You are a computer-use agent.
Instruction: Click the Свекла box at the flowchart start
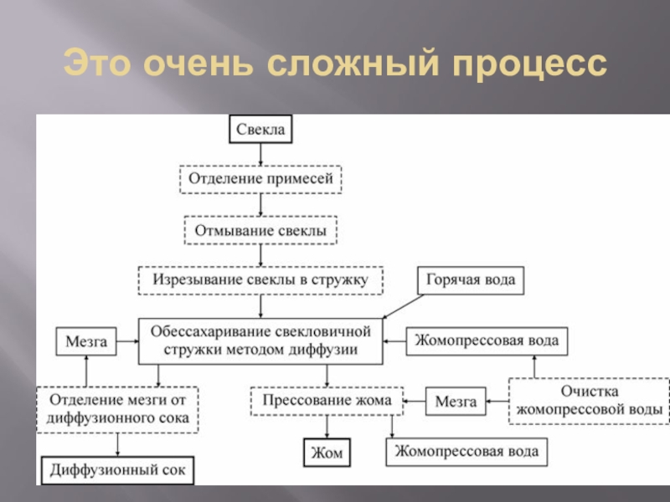(x=260, y=130)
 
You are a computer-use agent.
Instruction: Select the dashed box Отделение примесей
(x=260, y=179)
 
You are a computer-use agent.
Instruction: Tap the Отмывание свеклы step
(x=260, y=228)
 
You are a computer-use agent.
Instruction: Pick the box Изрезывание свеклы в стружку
(x=260, y=279)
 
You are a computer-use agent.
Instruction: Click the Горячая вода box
(x=471, y=279)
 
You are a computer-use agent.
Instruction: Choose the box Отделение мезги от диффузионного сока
(x=117, y=407)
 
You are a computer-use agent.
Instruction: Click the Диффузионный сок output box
(x=118, y=468)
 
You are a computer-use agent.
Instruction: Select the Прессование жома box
(x=327, y=401)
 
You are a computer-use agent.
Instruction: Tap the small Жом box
(x=327, y=453)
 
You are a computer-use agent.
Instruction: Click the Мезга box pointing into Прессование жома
(x=456, y=401)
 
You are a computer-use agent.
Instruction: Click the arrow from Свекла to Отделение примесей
(x=260, y=154)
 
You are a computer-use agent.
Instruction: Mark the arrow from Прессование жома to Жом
(x=327, y=427)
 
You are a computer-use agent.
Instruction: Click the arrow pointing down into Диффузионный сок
(x=118, y=443)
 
